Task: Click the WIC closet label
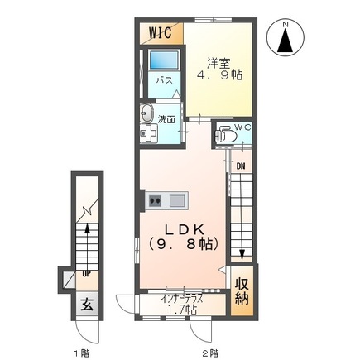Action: coord(161,32)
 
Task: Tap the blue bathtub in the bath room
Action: coord(164,60)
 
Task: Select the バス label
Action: coord(164,80)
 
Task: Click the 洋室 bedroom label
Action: coord(218,64)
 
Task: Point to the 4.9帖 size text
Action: coord(219,74)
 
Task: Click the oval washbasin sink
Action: coord(146,113)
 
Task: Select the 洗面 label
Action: coord(166,119)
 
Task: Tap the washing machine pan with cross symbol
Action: coord(148,133)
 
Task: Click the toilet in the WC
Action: coord(225,135)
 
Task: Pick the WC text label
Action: coord(242,127)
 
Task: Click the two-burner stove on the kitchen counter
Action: coord(155,201)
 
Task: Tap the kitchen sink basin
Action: coord(177,200)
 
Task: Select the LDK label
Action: coord(185,230)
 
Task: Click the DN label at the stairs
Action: coord(241,166)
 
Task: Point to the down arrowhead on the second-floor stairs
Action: coord(242,254)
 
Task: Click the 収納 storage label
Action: coord(242,291)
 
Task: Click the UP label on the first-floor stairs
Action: coord(86,274)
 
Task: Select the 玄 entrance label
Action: coord(87,305)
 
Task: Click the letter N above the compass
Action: coord(286,25)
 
